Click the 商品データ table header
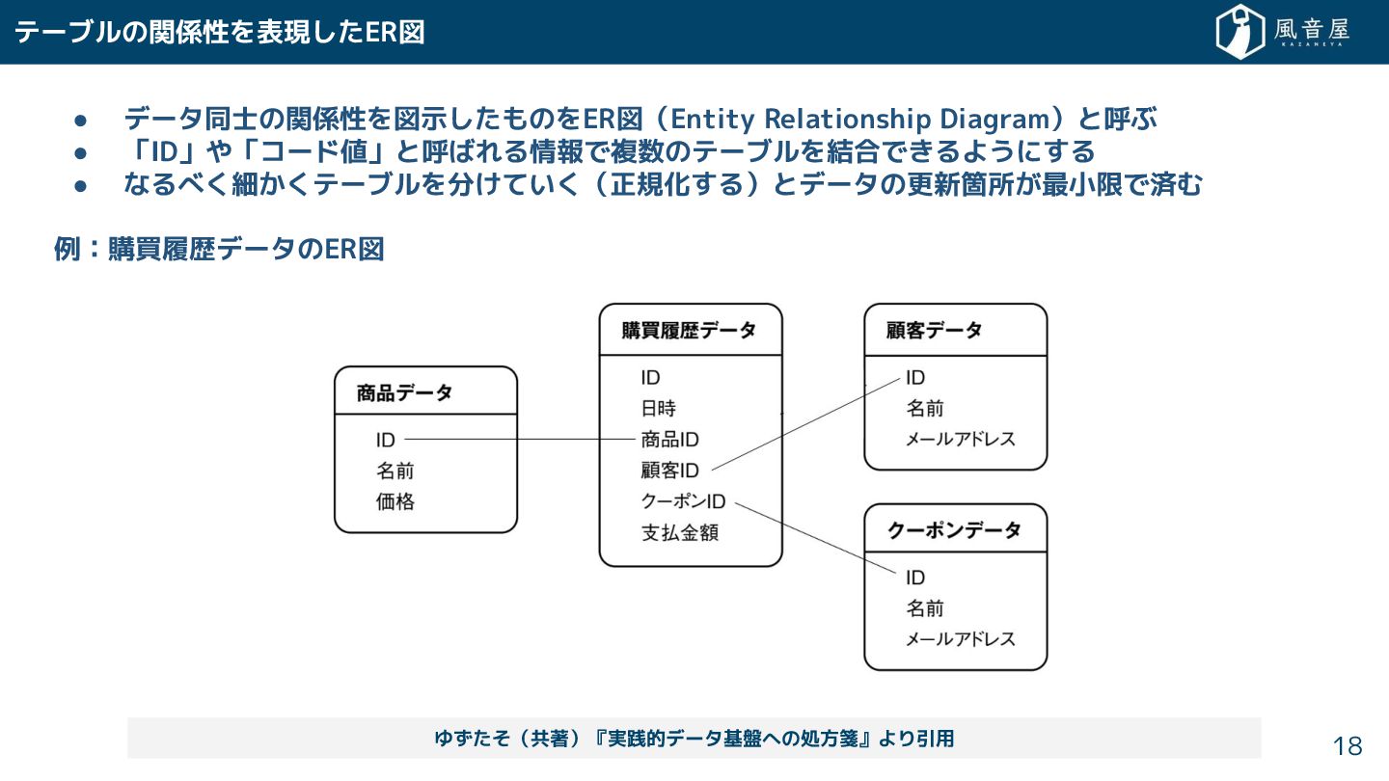click(404, 393)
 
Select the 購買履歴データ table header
click(689, 331)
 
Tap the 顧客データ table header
click(934, 331)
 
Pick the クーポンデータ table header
click(953, 530)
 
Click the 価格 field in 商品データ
click(395, 502)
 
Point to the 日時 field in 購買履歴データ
click(659, 409)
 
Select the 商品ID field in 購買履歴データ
click(670, 440)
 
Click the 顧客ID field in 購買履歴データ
click(670, 471)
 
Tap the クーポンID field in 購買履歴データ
click(683, 501)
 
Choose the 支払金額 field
click(680, 532)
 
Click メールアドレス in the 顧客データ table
click(960, 440)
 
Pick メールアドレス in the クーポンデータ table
click(960, 639)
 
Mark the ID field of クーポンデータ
click(915, 578)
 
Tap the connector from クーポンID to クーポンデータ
click(815, 539)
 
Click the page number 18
click(1348, 745)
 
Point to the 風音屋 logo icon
click(1239, 32)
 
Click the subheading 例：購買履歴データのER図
click(219, 250)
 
